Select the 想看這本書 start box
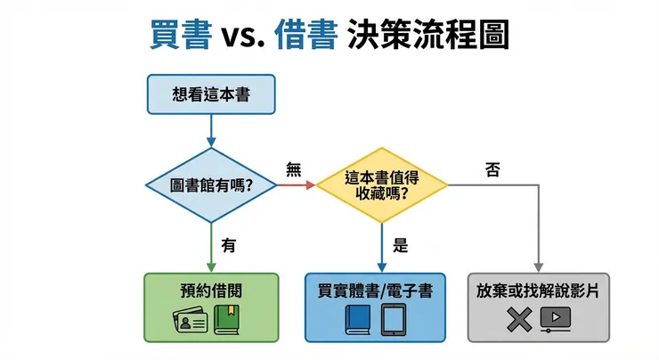(211, 94)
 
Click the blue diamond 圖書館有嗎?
(210, 184)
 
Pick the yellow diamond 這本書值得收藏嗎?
(382, 184)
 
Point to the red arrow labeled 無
(295, 184)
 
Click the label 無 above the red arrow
(294, 168)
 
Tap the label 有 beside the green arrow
(229, 244)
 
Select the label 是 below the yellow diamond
(400, 245)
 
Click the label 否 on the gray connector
(492, 168)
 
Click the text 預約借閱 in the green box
(211, 290)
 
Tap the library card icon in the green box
(189, 319)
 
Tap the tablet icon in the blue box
(395, 319)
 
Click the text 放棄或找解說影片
(539, 290)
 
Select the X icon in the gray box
(517, 319)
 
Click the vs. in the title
(242, 37)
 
